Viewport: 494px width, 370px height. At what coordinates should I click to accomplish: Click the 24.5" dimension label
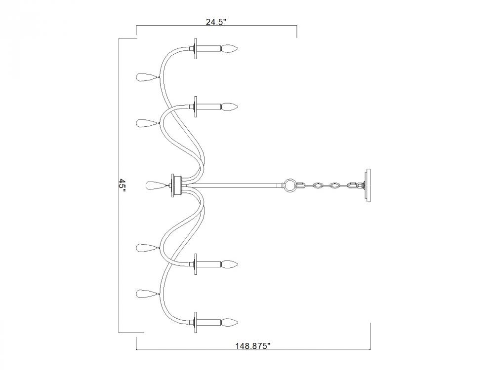pyautogui.click(x=216, y=22)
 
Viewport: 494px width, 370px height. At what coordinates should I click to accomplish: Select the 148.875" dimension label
pyautogui.click(x=253, y=346)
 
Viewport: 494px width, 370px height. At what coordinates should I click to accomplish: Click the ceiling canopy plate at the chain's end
pyautogui.click(x=368, y=185)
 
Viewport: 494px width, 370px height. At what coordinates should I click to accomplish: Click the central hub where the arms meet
pyautogui.click(x=177, y=185)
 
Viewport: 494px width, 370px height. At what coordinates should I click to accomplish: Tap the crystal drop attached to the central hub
pyautogui.click(x=155, y=185)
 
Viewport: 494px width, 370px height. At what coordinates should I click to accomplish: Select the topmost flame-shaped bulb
pyautogui.click(x=229, y=48)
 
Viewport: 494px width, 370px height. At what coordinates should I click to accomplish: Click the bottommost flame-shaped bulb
pyautogui.click(x=229, y=322)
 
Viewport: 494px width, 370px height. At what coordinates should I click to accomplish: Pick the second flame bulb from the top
pyautogui.click(x=229, y=107)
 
